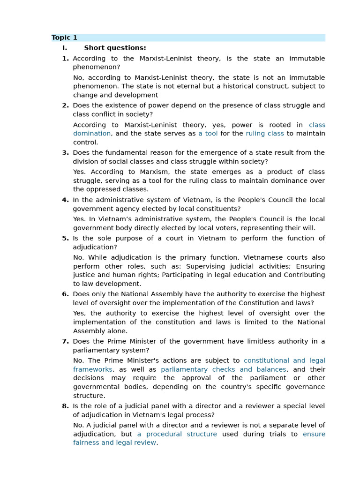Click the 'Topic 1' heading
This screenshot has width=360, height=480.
[x=64, y=38]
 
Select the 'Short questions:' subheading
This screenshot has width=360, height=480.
[x=115, y=48]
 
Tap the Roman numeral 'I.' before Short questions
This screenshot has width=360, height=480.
[x=65, y=48]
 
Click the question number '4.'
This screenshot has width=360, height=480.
[x=65, y=200]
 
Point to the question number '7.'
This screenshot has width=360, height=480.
[x=65, y=341]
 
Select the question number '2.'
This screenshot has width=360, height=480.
[x=65, y=105]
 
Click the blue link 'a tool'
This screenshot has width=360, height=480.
[x=208, y=134]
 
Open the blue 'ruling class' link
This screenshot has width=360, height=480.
[x=264, y=134]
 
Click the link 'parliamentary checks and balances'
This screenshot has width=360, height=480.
[x=223, y=369]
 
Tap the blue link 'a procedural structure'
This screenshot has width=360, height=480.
[x=177, y=434]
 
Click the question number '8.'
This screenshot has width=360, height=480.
[x=65, y=406]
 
